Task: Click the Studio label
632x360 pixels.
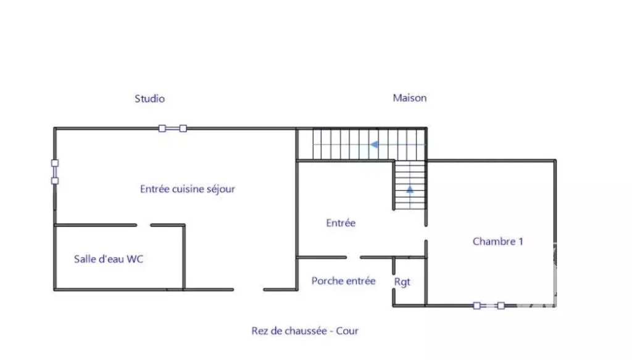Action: pyautogui.click(x=149, y=99)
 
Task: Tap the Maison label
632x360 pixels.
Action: pyautogui.click(x=410, y=98)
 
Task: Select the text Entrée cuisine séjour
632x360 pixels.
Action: pyautogui.click(x=188, y=189)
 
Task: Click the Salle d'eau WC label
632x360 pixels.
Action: pyautogui.click(x=109, y=259)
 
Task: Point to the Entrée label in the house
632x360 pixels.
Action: pyautogui.click(x=341, y=223)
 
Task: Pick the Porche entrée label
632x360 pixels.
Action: pyautogui.click(x=343, y=280)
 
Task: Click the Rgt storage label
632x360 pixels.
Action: pyautogui.click(x=402, y=282)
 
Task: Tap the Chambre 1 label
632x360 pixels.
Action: pyautogui.click(x=498, y=241)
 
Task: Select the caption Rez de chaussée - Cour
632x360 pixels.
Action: pyautogui.click(x=305, y=331)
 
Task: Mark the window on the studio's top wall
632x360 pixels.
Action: pyautogui.click(x=173, y=128)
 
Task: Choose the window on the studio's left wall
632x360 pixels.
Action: pyautogui.click(x=55, y=172)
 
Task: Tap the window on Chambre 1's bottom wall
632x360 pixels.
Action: pyautogui.click(x=489, y=306)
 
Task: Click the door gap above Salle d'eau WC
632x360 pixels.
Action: pyautogui.click(x=143, y=225)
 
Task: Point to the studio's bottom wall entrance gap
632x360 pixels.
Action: pyautogui.click(x=248, y=290)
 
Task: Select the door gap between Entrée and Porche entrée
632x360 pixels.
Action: pyautogui.click(x=353, y=257)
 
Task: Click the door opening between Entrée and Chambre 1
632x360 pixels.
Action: pyautogui.click(x=426, y=233)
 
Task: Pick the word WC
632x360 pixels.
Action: pyautogui.click(x=135, y=259)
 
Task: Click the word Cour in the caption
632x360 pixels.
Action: pyautogui.click(x=347, y=331)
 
